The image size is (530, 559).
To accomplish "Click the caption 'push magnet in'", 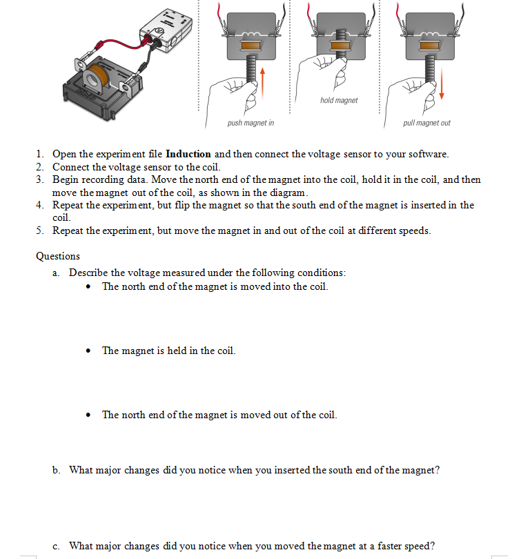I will click(251, 123).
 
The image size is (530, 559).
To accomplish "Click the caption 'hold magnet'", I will click(339, 101).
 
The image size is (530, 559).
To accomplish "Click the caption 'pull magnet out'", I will click(426, 123).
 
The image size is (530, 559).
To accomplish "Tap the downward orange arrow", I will click(442, 79).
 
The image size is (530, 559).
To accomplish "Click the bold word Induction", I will click(188, 154).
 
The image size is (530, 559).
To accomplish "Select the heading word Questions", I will click(58, 256).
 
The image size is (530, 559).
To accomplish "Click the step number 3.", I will click(40, 179).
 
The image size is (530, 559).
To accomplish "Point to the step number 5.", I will click(40, 231).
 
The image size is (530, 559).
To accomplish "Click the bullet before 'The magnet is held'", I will click(90, 351).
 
